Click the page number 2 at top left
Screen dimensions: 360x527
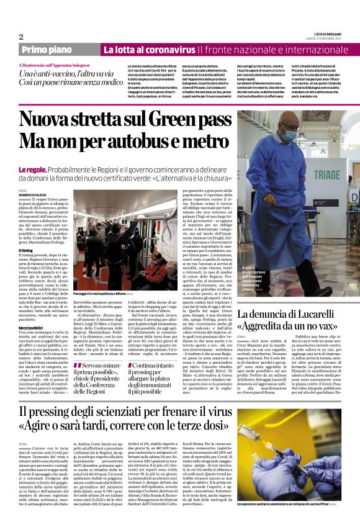tap(21, 37)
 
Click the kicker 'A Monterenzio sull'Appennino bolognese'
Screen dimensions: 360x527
tap(55, 65)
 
